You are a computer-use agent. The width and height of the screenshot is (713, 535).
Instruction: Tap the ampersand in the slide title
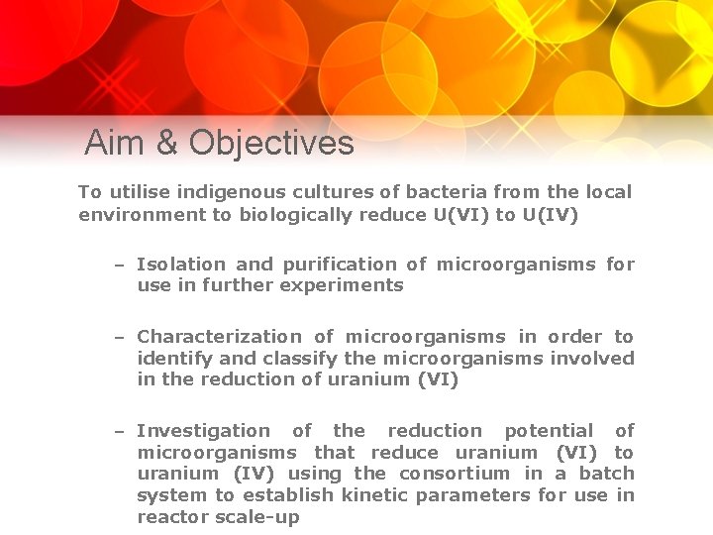click(x=167, y=143)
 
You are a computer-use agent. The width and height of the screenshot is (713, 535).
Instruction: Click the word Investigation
click(x=203, y=430)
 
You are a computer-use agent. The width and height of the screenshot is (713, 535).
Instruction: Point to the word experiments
click(x=342, y=285)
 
